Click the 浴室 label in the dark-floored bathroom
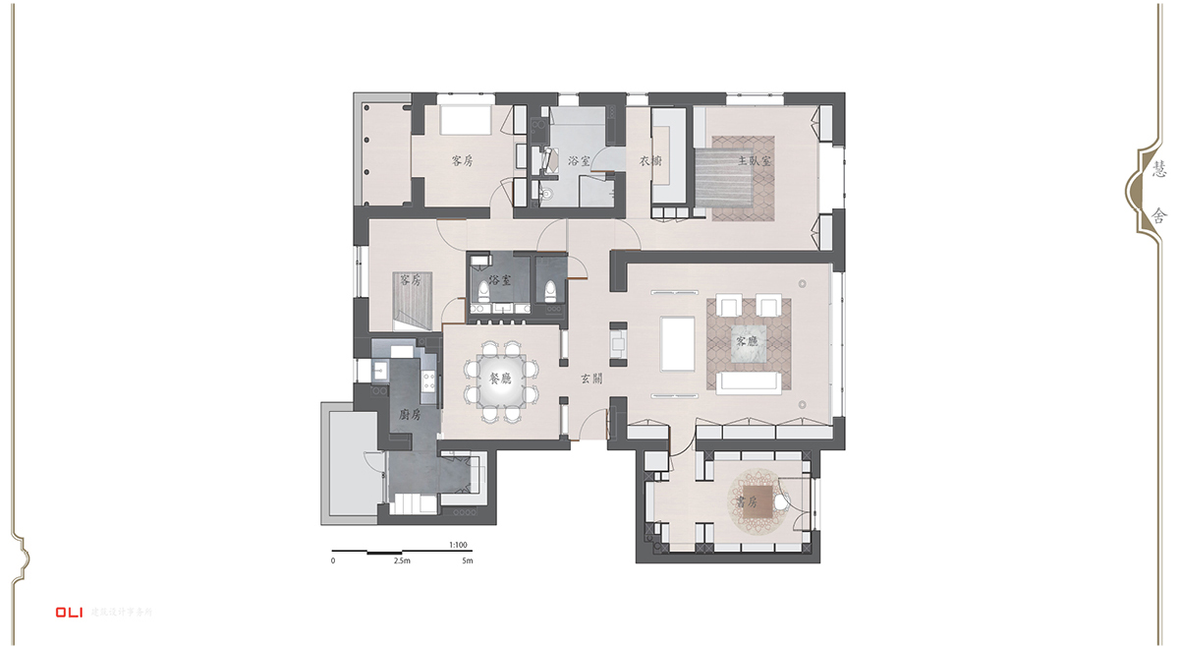point(499,280)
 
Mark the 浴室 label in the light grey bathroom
point(579,160)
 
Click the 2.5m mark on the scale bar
point(401,560)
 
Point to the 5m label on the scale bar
point(468,560)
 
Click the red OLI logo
point(69,612)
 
